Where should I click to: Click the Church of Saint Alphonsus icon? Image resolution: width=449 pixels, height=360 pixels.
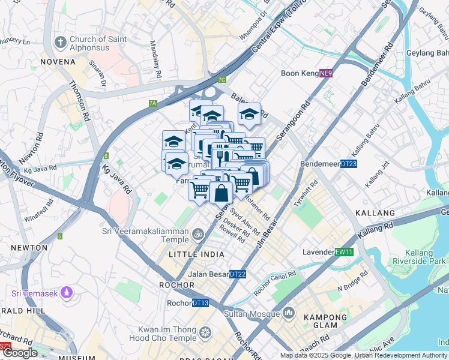59,43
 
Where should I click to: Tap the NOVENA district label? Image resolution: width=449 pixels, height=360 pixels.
58,62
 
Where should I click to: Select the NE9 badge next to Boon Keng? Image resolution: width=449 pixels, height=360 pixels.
325,73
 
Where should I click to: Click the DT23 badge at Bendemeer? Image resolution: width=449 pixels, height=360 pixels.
349,163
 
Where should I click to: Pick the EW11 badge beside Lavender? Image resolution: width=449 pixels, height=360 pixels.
342,252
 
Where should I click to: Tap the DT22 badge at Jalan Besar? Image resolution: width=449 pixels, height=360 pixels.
238,274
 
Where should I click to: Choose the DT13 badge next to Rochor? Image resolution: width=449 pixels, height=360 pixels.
200,303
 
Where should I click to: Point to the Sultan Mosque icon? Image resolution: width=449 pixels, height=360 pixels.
289,313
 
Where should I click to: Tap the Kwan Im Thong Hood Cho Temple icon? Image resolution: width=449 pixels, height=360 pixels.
205,332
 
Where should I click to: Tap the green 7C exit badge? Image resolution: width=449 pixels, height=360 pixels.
222,79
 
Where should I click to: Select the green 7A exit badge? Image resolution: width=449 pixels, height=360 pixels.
152,103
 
